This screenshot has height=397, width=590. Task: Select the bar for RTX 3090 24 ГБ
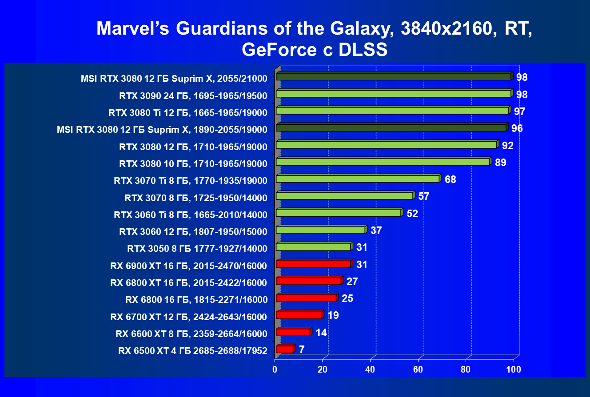click(393, 94)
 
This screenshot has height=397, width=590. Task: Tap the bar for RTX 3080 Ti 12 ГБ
click(392, 111)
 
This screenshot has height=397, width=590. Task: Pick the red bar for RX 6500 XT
click(284, 349)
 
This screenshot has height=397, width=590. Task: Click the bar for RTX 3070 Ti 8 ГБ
click(357, 179)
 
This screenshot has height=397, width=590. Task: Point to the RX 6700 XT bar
click(299, 315)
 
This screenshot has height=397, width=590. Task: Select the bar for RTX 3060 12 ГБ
click(320, 230)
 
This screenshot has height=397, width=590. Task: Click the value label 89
click(500, 163)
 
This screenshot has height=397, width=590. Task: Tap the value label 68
click(450, 180)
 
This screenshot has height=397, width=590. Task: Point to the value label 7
click(302, 350)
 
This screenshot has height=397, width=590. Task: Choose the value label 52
click(412, 214)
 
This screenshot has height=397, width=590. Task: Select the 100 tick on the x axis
click(514, 369)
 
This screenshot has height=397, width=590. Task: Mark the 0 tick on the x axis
click(275, 369)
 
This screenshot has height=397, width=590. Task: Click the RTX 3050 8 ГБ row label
click(197, 248)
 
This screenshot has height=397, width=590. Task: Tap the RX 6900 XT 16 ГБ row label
click(188, 266)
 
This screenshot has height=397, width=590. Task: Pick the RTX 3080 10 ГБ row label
click(193, 164)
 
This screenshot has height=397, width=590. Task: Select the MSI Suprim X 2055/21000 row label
click(174, 79)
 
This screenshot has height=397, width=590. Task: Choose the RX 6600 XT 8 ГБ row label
click(191, 333)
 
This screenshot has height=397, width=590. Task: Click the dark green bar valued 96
click(391, 128)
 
